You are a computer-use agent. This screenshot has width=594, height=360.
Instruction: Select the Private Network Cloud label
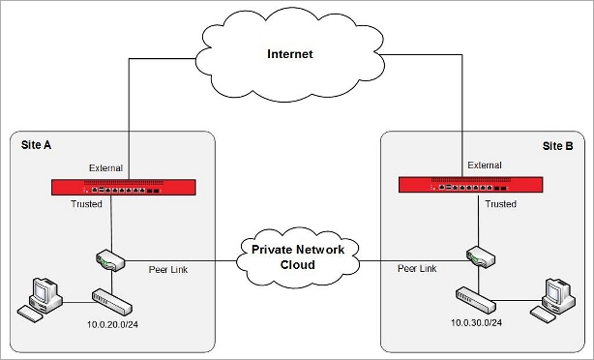[x=298, y=255]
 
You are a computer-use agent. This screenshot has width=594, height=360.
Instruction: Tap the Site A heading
[x=38, y=145]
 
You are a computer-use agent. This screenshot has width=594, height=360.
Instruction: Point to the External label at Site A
[x=105, y=167]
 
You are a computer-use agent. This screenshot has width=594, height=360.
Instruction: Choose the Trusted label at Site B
[x=500, y=204]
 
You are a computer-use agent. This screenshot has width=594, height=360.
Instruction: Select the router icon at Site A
[x=109, y=259]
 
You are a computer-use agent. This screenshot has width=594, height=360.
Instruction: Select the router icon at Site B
[x=477, y=257]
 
